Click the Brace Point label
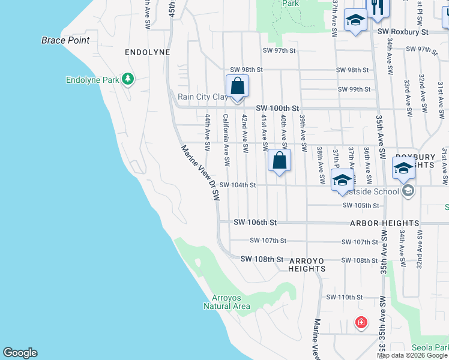coord(65,40)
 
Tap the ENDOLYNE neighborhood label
coord(147,52)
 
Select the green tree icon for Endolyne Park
coord(127,79)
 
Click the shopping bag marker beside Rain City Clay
coord(237,85)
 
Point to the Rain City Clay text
coord(202,96)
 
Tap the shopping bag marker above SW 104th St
coord(279,160)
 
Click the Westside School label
coord(373,191)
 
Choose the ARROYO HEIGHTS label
coord(307,265)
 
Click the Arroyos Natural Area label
coord(231,302)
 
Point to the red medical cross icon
coord(361,322)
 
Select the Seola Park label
coord(430,347)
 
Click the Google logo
coord(20,353)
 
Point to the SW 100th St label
coord(277,108)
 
